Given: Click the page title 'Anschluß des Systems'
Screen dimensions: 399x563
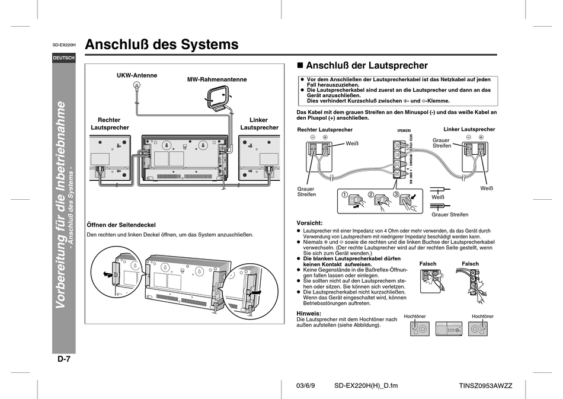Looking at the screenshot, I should pyautogui.click(x=162, y=44).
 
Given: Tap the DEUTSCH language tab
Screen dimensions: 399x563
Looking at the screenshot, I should pyautogui.click(x=63, y=58).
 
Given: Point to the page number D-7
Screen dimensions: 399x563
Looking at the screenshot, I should pyautogui.click(x=64, y=359).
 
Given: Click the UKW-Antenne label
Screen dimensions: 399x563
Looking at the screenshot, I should pyautogui.click(x=137, y=75).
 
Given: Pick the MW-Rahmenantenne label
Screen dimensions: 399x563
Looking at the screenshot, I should pyautogui.click(x=217, y=79).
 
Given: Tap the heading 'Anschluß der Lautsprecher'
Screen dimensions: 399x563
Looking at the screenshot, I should pyautogui.click(x=366, y=65).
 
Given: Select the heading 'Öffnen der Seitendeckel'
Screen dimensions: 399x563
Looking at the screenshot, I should pyautogui.click(x=121, y=224).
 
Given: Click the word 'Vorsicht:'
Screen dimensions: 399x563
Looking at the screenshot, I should pyautogui.click(x=309, y=222).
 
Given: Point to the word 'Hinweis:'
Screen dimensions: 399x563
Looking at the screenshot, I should pyautogui.click(x=308, y=313).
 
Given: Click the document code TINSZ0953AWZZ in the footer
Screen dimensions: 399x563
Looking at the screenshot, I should pyautogui.click(x=485, y=385).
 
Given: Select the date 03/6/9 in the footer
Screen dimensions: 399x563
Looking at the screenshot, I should pyautogui.click(x=306, y=385).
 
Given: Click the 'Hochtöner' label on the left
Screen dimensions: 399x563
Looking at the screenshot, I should pyautogui.click(x=414, y=317).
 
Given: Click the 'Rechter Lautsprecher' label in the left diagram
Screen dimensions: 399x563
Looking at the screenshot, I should pyautogui.click(x=109, y=123).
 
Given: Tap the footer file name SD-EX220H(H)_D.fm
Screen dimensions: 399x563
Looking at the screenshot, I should pyautogui.click(x=366, y=385).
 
